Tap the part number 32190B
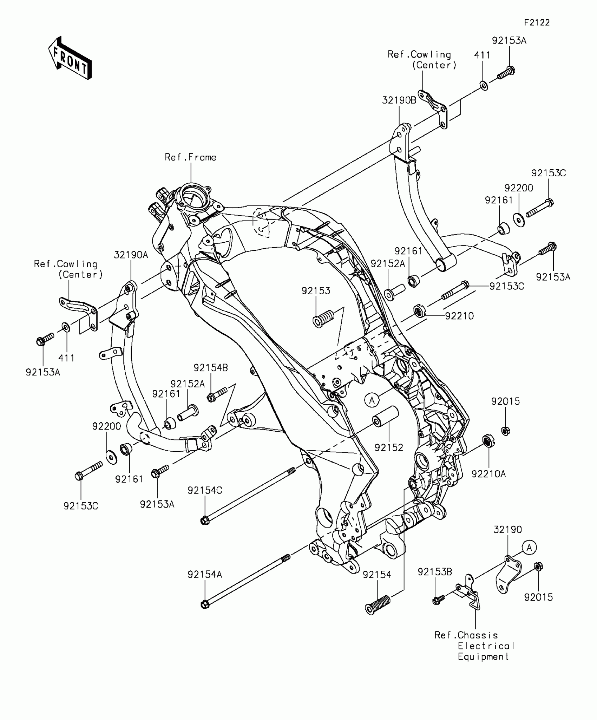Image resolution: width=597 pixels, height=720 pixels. tap(399, 100)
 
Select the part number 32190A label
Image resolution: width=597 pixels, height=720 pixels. tap(131, 255)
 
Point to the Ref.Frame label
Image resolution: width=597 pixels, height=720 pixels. tap(191, 157)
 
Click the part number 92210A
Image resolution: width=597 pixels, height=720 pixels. tap(488, 474)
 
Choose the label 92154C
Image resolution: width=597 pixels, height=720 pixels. tap(205, 490)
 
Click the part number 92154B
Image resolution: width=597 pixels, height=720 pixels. tap(211, 368)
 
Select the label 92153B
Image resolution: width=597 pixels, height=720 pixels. tap(435, 572)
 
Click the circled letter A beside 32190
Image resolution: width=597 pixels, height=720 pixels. tap(529, 548)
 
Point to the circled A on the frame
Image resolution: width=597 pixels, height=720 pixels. tap(372, 400)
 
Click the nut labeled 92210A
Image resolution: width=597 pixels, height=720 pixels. tap(486, 440)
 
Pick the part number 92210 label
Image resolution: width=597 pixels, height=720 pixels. tap(459, 316)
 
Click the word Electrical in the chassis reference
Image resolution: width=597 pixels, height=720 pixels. tap(486, 646)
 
